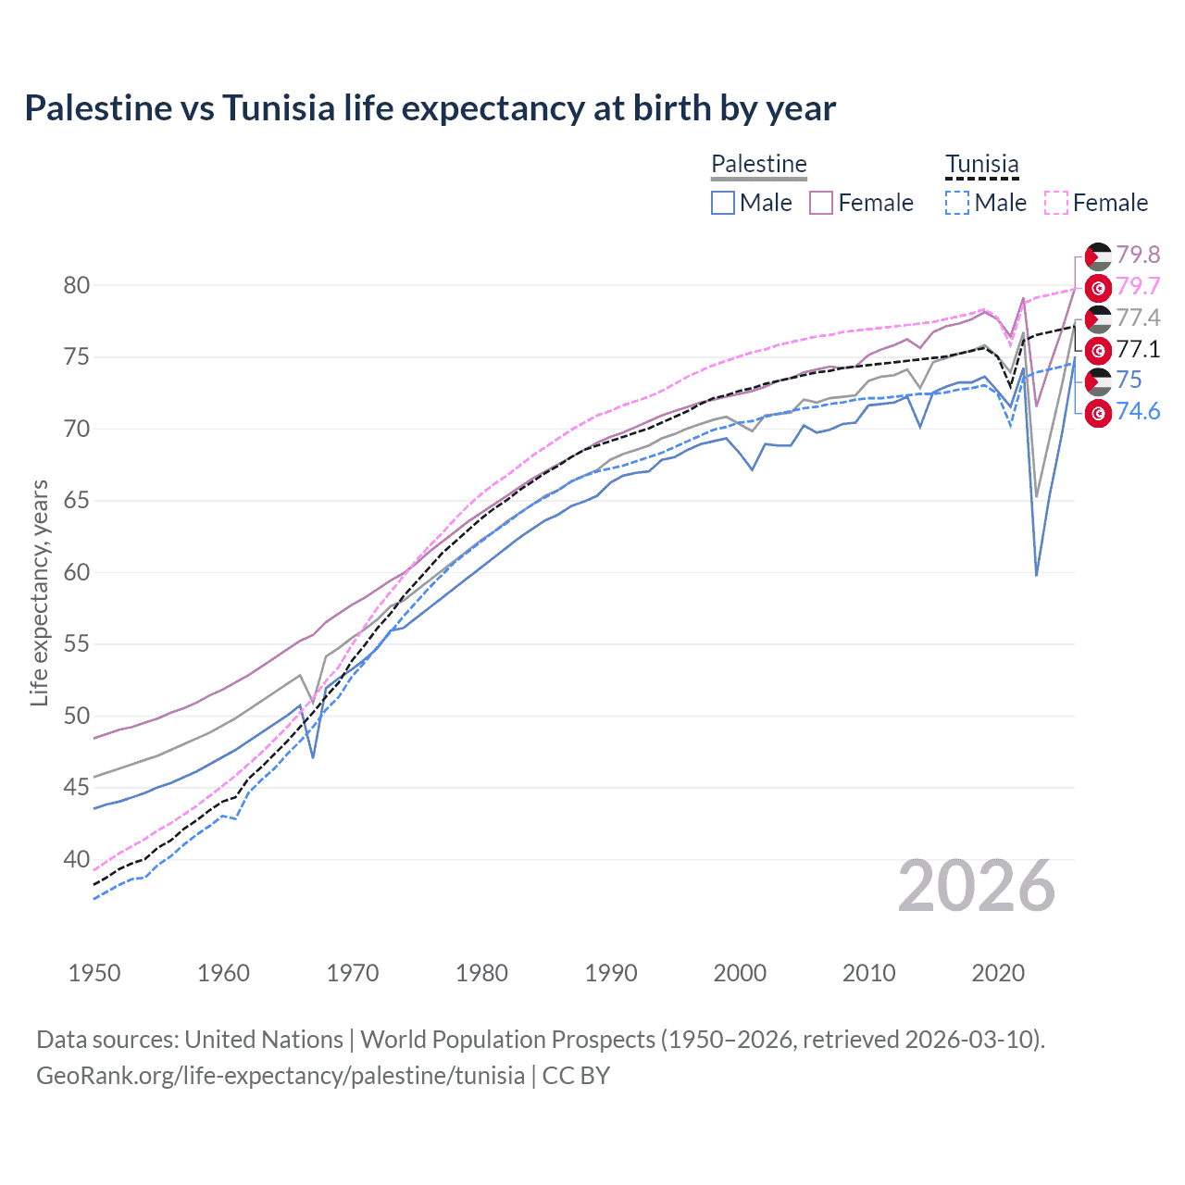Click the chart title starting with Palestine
click(x=430, y=108)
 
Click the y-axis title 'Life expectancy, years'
click(x=39, y=592)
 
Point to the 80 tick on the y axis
click(x=77, y=285)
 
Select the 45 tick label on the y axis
click(x=77, y=788)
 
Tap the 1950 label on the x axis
click(x=94, y=973)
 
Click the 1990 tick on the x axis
click(x=611, y=973)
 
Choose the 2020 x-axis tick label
click(x=998, y=973)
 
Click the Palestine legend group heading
click(x=759, y=164)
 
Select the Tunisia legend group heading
click(x=981, y=164)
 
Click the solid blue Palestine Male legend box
click(x=723, y=203)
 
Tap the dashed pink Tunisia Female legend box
click(x=1056, y=203)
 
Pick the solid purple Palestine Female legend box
click(x=821, y=203)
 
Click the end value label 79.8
click(x=1138, y=255)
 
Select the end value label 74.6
click(x=1138, y=412)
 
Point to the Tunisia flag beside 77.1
click(x=1098, y=350)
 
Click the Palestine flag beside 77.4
click(x=1098, y=318)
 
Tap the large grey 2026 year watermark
click(x=977, y=887)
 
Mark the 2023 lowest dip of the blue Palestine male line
click(x=1037, y=575)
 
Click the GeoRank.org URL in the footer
click(x=281, y=1076)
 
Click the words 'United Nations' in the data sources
click(x=264, y=1040)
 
